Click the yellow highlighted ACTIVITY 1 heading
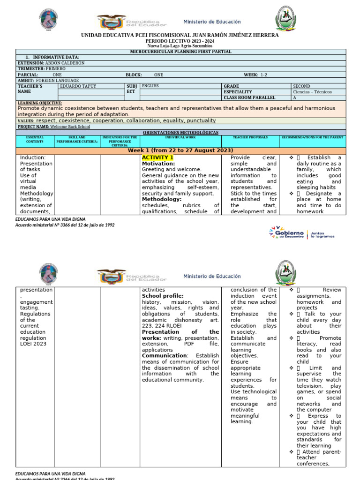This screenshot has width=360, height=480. [x=157, y=157]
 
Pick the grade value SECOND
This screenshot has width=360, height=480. [x=301, y=86]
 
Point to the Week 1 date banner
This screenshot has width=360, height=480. [x=180, y=150]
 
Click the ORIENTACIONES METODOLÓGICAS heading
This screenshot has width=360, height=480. [x=180, y=133]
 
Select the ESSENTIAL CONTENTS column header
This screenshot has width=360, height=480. [x=35, y=139]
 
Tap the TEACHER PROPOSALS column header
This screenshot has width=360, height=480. [x=250, y=137]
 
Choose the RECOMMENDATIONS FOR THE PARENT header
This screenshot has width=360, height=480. [x=312, y=137]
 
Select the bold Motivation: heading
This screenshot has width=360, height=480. [x=158, y=164]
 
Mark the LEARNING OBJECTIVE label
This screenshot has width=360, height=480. [x=39, y=103]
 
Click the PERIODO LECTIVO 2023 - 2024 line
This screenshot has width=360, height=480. [x=180, y=41]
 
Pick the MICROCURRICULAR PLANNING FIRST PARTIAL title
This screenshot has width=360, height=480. [x=180, y=52]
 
